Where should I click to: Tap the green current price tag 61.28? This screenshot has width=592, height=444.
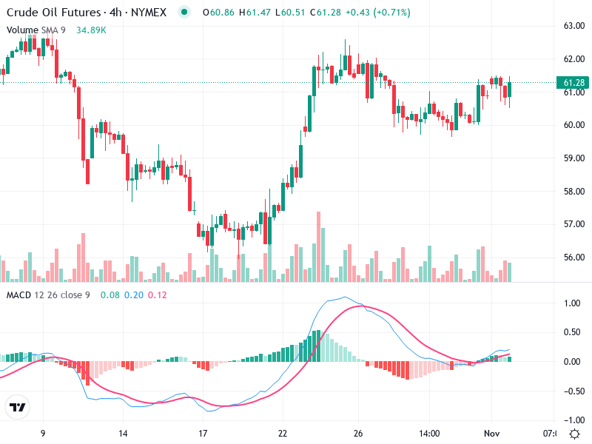tap(574, 82)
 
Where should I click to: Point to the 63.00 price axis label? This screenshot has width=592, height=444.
tap(574, 26)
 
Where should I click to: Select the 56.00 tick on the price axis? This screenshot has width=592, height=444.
tap(574, 258)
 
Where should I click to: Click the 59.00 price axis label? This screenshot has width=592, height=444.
tap(574, 158)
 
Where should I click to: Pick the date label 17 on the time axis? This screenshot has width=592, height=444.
tap(203, 433)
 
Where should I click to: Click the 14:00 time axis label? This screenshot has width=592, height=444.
tap(429, 433)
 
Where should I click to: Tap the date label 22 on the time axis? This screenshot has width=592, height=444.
tap(283, 433)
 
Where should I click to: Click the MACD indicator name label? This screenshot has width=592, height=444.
tap(18, 295)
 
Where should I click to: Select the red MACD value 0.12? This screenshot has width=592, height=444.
tap(158, 295)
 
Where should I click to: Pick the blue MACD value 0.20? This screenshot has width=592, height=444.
tap(134, 295)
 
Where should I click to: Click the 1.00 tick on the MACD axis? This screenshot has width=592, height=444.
tap(573, 303)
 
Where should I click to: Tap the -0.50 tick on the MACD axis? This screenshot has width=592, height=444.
tap(571, 391)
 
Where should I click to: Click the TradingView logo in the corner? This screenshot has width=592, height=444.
tap(17, 408)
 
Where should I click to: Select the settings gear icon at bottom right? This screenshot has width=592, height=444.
tap(574, 433)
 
